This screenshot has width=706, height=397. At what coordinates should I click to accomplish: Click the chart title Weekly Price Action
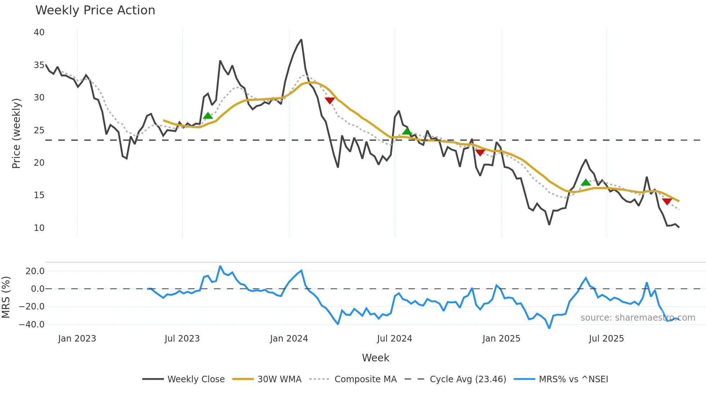click(x=95, y=10)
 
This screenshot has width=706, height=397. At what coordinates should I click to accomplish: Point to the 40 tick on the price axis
click(x=39, y=32)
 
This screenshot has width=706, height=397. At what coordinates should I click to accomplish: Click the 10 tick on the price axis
click(x=39, y=228)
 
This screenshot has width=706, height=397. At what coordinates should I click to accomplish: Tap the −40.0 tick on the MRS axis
click(x=32, y=324)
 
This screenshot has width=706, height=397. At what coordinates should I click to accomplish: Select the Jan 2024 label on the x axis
click(x=289, y=339)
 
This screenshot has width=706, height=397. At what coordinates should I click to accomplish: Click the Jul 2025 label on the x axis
click(x=606, y=339)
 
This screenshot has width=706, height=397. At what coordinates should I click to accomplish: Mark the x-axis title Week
click(x=375, y=358)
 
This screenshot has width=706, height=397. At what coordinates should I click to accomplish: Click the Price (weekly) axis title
click(x=16, y=133)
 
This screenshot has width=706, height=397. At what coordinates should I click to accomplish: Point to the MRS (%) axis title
click(x=6, y=297)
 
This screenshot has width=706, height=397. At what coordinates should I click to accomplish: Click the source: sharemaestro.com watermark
click(x=638, y=318)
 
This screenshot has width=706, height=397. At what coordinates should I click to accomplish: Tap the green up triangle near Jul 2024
click(x=407, y=131)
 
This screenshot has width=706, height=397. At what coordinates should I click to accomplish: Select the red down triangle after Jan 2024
click(x=330, y=101)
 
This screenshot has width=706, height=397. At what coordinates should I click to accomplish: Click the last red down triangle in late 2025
click(x=667, y=202)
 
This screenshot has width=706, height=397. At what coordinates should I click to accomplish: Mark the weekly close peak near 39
click(x=301, y=40)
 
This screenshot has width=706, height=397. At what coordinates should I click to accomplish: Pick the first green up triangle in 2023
click(x=208, y=116)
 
